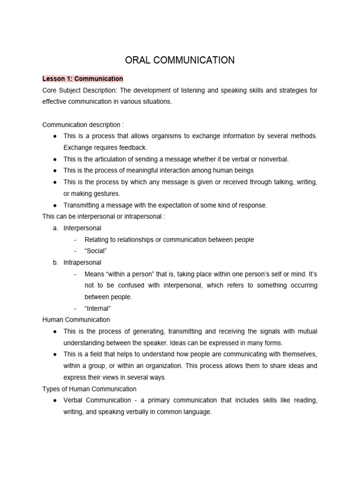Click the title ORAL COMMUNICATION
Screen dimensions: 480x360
pyautogui.click(x=180, y=60)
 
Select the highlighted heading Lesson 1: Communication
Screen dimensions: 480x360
pyautogui.click(x=82, y=78)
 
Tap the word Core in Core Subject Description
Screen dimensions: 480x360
pyautogui.click(x=50, y=90)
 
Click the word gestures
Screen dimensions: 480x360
pyautogui.click(x=106, y=194)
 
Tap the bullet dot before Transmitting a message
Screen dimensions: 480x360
pyautogui.click(x=55, y=205)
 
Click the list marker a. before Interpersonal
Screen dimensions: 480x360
pyautogui.click(x=55, y=228)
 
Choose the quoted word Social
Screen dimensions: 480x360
pyautogui.click(x=96, y=251)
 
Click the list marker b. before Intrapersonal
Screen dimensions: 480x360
pyautogui.click(x=55, y=262)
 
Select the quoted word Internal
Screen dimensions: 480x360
pyautogui.click(x=97, y=308)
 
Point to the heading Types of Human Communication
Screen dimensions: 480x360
pyautogui.click(x=90, y=389)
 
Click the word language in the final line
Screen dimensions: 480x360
pyautogui.click(x=199, y=412)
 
